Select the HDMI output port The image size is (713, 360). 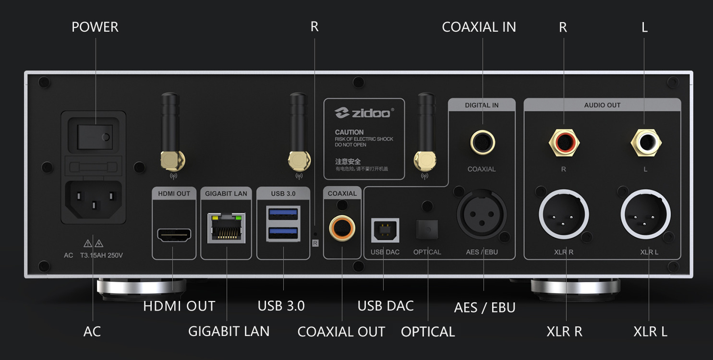tap(174, 235)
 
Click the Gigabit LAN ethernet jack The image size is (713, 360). tap(226, 228)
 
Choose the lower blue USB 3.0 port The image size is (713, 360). tap(283, 234)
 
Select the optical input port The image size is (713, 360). tap(427, 230)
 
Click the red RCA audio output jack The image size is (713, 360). tap(564, 142)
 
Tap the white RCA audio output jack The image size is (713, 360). tap(645, 142)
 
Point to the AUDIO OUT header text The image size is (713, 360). tap(602, 105)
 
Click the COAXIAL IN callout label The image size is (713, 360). tap(479, 27)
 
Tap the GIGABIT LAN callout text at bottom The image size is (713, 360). tap(229, 331)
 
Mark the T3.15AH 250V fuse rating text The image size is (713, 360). tap(102, 255)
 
